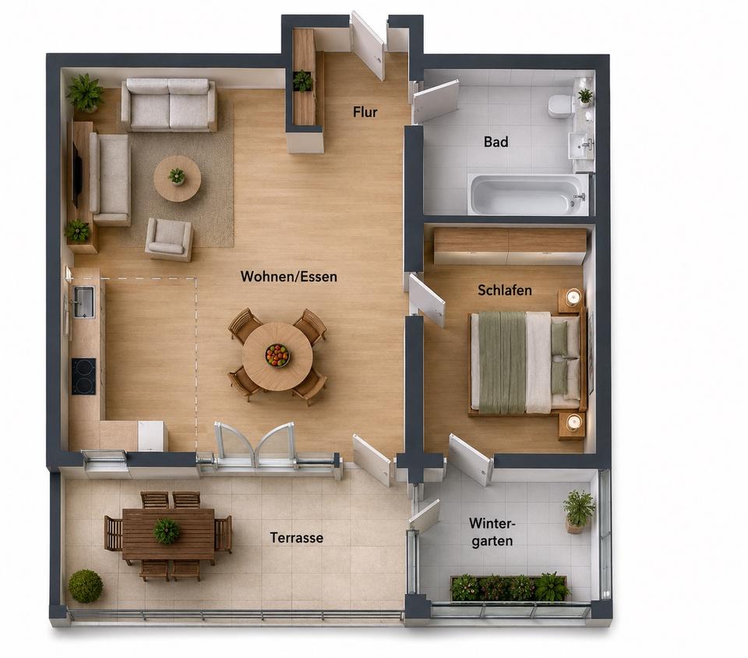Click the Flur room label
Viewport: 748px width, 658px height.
365,112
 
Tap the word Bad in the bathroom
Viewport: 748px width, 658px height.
496,142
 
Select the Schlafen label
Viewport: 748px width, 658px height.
505,290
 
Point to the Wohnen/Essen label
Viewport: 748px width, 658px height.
288,276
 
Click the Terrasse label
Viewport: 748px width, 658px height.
297,538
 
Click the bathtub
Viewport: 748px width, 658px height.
527,194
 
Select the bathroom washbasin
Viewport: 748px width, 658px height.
580,144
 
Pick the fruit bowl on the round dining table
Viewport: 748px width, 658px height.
277,356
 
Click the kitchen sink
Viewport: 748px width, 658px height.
84,302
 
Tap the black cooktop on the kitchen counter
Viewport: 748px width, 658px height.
83,377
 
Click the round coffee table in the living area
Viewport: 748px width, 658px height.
177,179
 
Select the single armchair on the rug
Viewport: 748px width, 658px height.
169,239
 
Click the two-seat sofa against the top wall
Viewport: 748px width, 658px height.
168,105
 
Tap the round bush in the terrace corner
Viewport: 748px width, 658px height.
86,585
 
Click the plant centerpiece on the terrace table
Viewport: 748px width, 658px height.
167,531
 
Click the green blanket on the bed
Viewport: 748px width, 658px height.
503,363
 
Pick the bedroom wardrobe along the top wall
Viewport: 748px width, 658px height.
510,246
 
